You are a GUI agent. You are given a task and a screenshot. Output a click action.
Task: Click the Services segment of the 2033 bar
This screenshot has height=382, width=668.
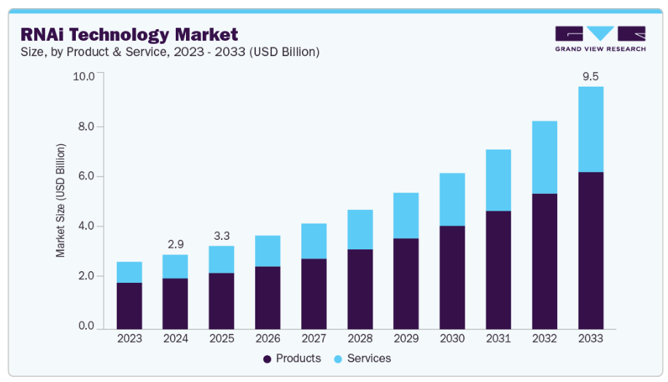[x=591, y=129]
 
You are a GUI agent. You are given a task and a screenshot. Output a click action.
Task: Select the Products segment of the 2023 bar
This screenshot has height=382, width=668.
[x=129, y=305]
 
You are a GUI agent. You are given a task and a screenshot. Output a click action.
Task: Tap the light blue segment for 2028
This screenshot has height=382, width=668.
[x=360, y=230]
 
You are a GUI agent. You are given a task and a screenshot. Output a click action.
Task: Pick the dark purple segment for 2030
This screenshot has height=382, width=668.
[x=452, y=277]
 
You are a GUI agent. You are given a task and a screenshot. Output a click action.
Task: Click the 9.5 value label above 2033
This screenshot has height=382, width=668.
[x=591, y=76]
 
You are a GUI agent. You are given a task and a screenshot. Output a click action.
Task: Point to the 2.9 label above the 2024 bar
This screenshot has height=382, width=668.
[x=175, y=243]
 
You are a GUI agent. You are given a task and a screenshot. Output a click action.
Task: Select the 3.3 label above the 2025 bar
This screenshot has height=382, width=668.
[x=221, y=235]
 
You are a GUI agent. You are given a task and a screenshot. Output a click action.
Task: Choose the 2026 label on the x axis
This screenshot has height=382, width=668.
[x=268, y=339]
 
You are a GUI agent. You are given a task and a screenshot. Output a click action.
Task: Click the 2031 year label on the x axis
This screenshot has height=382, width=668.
[x=499, y=339]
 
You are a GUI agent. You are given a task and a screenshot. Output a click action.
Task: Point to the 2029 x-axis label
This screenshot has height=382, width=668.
[x=406, y=339]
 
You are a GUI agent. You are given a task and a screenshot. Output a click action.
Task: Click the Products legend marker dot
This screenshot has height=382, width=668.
[x=267, y=359]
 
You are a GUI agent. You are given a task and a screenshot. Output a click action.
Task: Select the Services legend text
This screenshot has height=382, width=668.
[x=369, y=359]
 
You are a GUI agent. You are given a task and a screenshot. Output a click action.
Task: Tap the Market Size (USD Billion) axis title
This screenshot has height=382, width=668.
[x=61, y=200]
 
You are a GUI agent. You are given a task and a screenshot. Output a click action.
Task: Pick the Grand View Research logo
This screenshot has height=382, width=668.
[x=599, y=38]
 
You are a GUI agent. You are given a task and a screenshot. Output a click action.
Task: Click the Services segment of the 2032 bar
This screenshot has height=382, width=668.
[x=545, y=157]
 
